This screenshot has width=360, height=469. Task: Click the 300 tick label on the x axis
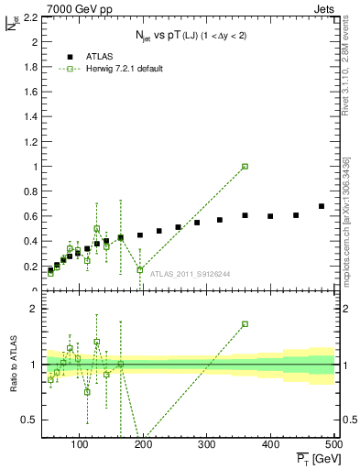[271, 444]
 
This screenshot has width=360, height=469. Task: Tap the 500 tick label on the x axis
[333, 444]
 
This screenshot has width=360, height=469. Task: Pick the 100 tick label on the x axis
[80, 444]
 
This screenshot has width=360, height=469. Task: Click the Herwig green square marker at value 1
[245, 167]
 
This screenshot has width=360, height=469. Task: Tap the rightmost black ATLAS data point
[322, 206]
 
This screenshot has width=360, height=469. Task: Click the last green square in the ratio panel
[245, 324]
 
